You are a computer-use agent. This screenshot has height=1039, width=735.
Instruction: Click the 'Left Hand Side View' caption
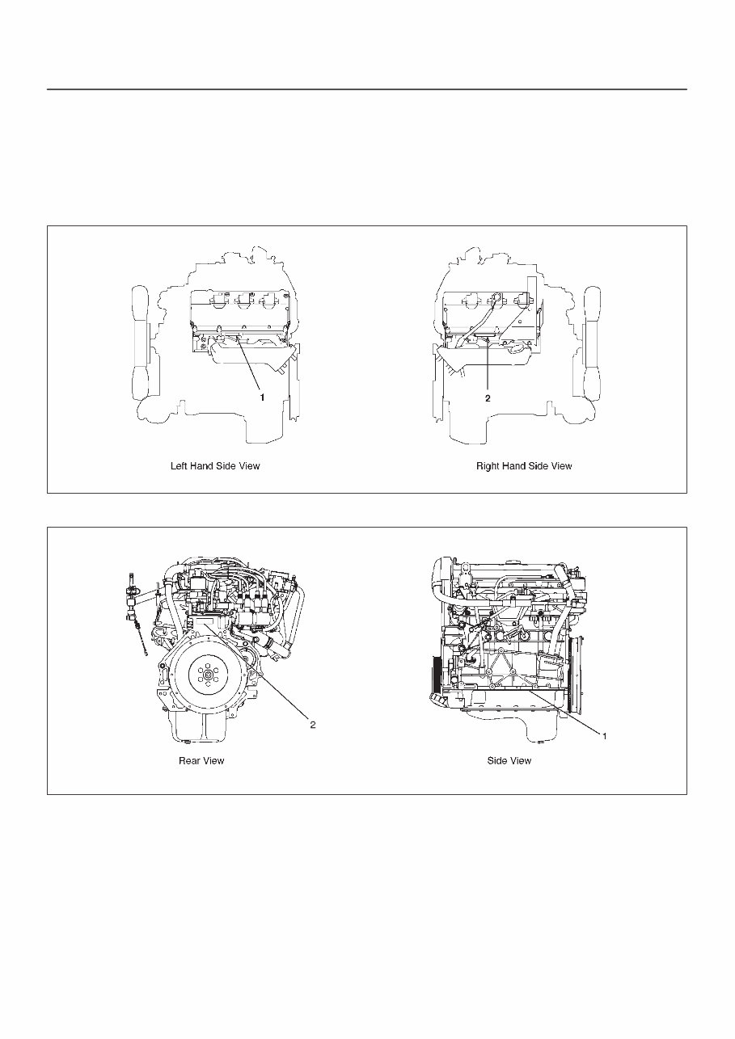click(215, 466)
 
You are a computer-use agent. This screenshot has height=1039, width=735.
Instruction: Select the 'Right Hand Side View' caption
click(524, 466)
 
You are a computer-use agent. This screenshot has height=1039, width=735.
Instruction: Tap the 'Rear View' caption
click(201, 760)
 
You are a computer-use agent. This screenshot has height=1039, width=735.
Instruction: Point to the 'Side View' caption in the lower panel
click(509, 760)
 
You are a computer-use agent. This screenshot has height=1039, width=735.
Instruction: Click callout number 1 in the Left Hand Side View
click(262, 398)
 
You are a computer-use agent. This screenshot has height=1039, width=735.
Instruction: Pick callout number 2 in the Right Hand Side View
click(488, 398)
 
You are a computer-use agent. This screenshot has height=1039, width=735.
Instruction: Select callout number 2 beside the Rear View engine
click(313, 725)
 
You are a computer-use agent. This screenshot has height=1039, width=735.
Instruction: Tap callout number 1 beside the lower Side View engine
click(603, 734)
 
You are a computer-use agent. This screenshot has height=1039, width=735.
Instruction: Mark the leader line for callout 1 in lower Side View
click(566, 712)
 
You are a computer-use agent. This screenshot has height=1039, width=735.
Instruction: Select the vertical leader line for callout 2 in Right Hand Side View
click(488, 364)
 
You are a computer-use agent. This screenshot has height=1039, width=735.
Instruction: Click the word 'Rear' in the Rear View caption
click(189, 760)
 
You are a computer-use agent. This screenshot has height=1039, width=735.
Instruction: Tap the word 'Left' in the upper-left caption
click(178, 466)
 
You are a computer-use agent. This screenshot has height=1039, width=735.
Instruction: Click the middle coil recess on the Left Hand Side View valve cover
click(241, 303)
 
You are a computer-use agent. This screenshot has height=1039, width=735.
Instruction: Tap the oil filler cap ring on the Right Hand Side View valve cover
click(496, 300)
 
